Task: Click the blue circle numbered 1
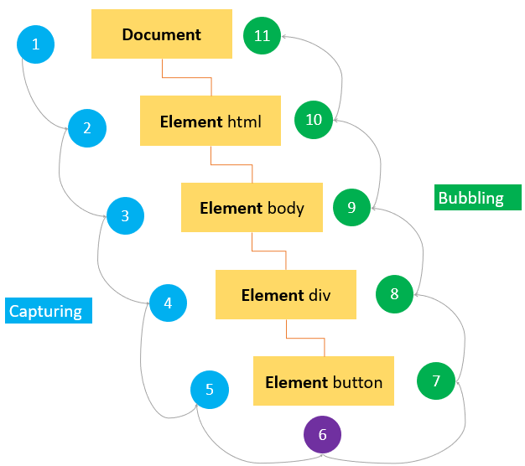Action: pos(35,44)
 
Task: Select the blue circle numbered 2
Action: pos(87,128)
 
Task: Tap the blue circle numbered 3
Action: pos(125,216)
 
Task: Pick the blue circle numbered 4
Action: pos(168,303)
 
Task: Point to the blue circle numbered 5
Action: pos(210,389)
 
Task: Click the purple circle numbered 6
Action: pos(323,435)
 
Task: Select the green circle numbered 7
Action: pos(436,381)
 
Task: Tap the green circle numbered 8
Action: pos(394,293)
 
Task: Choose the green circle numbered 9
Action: pos(351,207)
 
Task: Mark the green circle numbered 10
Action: pos(314,120)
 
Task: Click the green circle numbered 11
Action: pos(262,35)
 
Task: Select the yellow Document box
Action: pos(162,34)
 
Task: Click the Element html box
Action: pos(211,122)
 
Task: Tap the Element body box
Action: pos(252,208)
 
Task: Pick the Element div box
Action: pos(287,295)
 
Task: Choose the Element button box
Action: pos(324,382)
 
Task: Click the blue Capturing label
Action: pos(47,311)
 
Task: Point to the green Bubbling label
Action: pos(477,198)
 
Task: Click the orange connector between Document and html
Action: pos(186,77)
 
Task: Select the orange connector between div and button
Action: pos(305,338)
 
